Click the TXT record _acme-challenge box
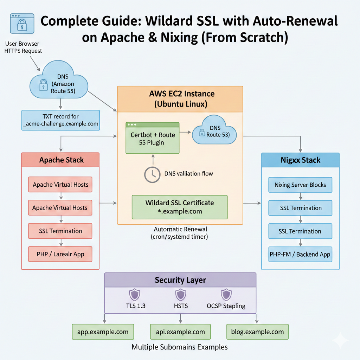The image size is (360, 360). pyautogui.click(x=60, y=120)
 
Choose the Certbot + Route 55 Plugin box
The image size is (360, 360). pyautogui.click(x=153, y=138)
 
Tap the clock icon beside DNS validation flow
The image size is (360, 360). pyautogui.click(x=153, y=174)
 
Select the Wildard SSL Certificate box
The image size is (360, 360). pyautogui.click(x=180, y=207)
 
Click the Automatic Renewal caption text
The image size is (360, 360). pyautogui.click(x=180, y=233)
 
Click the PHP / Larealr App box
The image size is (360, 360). pyautogui.click(x=60, y=254)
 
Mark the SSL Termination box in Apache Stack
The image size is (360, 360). pyautogui.click(x=60, y=231)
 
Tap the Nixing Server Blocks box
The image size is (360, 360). pyautogui.click(x=300, y=185)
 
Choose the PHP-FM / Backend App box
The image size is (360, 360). pyautogui.click(x=300, y=254)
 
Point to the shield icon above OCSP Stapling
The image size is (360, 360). pyautogui.click(x=226, y=295)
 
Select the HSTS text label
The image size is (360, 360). pyautogui.click(x=181, y=306)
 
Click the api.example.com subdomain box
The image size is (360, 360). pyautogui.click(x=180, y=332)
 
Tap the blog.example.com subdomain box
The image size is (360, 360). pyautogui.click(x=257, y=332)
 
